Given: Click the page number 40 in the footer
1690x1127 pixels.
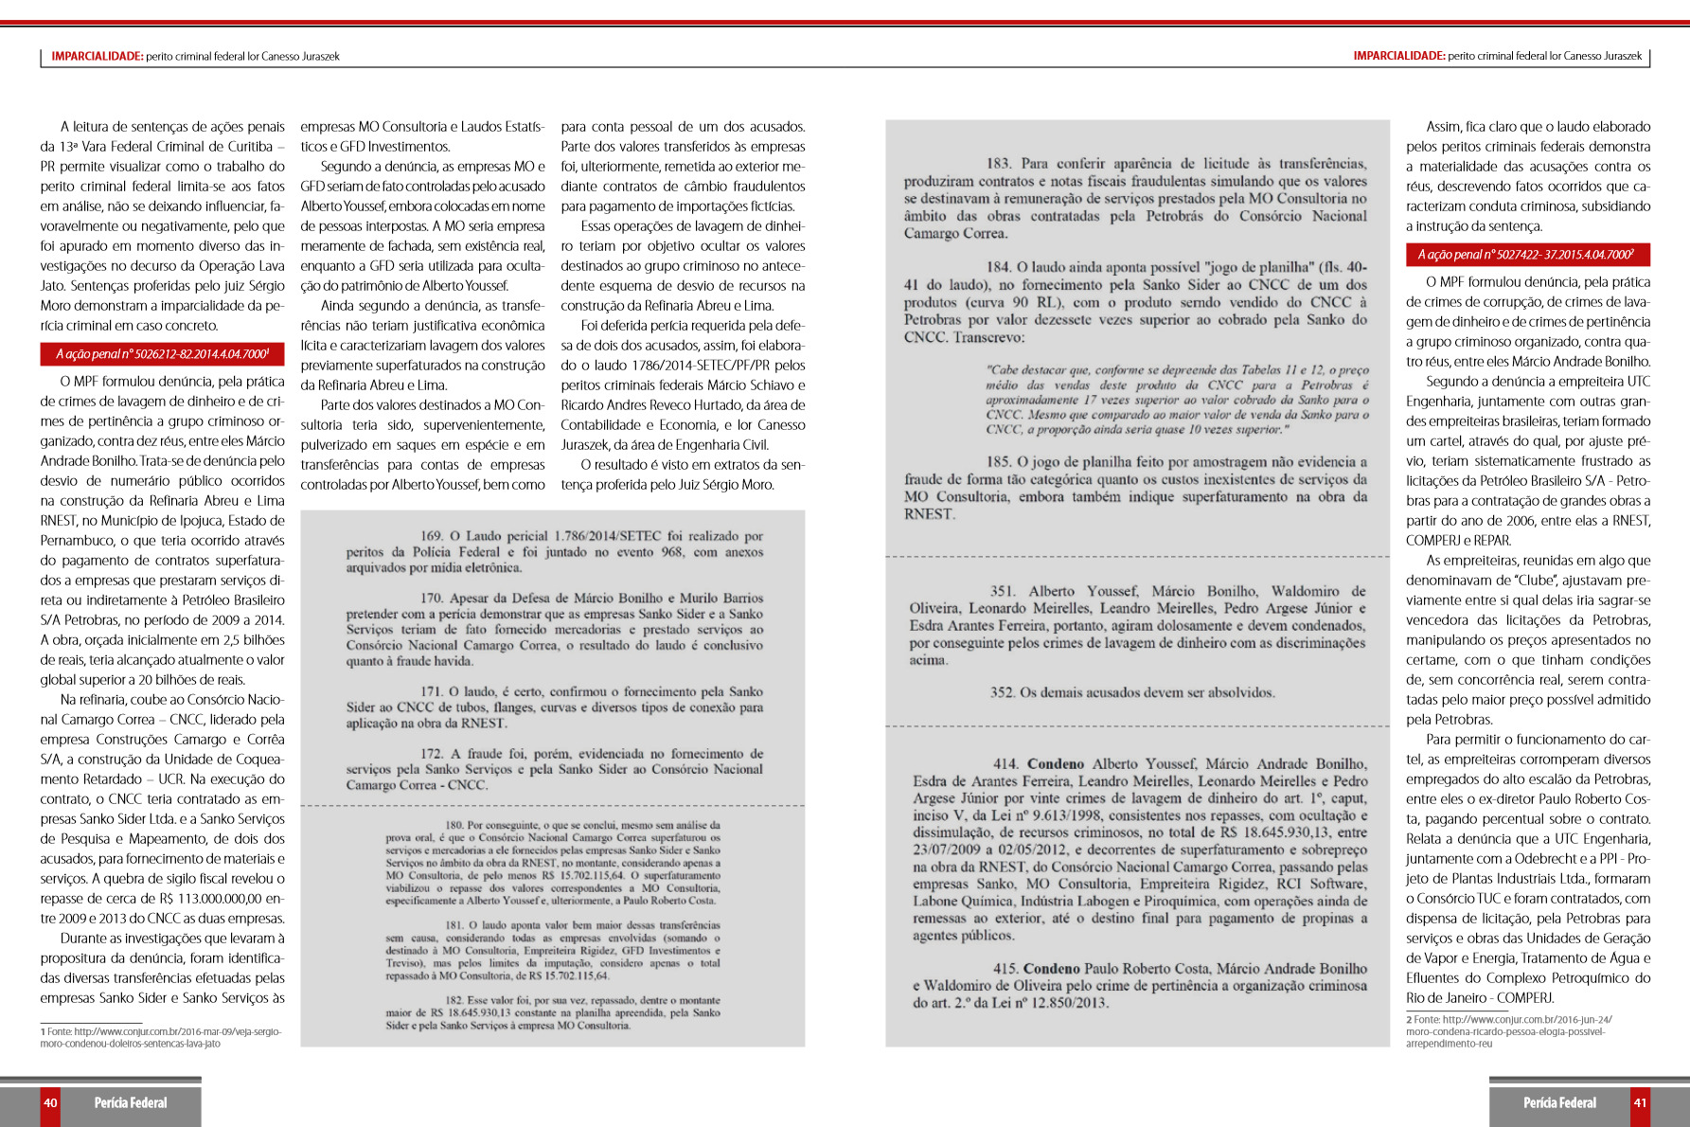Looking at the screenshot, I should (x=50, y=1102).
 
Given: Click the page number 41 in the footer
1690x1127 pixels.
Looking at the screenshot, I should (x=1640, y=1102).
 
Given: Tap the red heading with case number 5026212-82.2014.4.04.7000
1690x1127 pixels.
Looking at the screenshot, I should (x=162, y=354).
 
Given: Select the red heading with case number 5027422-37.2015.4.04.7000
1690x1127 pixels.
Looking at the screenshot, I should (x=1526, y=255).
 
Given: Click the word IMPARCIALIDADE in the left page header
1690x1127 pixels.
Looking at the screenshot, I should (x=97, y=57).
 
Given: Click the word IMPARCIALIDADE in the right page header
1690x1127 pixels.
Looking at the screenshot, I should (x=1398, y=57).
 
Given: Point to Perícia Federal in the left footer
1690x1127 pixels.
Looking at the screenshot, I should (x=131, y=1102).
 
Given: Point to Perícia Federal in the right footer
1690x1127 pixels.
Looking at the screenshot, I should (x=1559, y=1102).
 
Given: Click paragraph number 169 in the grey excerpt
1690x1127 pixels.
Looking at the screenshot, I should (x=432, y=536).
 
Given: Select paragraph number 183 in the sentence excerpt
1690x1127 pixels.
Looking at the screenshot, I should (x=999, y=164).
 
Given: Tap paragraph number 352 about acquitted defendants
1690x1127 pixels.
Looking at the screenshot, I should (x=1003, y=692).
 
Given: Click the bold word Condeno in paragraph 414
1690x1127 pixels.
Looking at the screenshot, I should (x=1056, y=763).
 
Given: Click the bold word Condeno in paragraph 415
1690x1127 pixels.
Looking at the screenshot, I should (x=1052, y=968).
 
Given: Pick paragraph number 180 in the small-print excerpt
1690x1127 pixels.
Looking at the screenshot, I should (x=454, y=825).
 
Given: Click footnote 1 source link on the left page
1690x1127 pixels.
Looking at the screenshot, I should (x=161, y=1037).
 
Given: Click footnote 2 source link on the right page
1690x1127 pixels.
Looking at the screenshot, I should (x=1510, y=1031).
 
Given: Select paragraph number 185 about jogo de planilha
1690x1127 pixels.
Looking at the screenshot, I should (x=999, y=462).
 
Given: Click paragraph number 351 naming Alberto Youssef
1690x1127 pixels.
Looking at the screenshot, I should (x=1003, y=591).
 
